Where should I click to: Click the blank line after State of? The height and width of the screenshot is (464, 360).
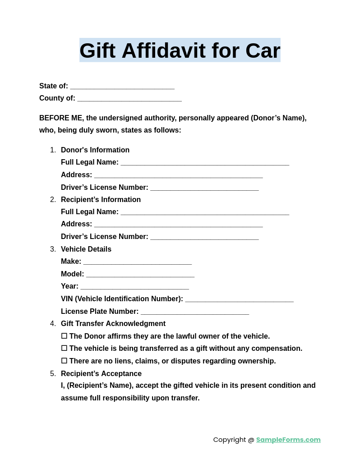coord(122,87)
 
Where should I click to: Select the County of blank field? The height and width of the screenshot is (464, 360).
coord(129,99)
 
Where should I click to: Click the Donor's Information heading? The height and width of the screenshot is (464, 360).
coord(95,150)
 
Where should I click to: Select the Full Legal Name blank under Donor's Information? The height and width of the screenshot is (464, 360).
coord(205,163)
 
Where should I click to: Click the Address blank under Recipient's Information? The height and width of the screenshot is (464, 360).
coord(178,225)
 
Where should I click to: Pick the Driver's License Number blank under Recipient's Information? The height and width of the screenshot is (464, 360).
coord(204,237)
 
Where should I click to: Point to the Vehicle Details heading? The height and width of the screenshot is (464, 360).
coord(86,249)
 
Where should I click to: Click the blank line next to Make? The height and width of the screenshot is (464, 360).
coord(138,262)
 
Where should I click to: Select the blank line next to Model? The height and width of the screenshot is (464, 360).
coord(140,275)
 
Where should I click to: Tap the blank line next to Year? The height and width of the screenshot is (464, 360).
coord(135,287)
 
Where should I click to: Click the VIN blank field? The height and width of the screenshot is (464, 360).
coord(239,299)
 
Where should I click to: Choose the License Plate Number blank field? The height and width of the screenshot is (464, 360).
coord(195,312)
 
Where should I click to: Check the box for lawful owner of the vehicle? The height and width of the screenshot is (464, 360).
coord(64,336)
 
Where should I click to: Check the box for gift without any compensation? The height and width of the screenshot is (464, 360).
coord(64,348)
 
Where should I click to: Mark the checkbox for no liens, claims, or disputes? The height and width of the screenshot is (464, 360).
coord(64,361)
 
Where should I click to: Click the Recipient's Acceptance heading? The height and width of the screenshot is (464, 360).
coord(101,374)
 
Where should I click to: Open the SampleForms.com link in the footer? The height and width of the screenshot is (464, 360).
coord(288,440)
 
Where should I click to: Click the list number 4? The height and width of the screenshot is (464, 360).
coord(53,324)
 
